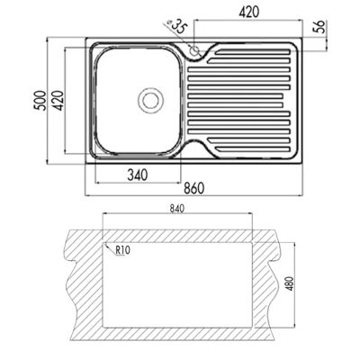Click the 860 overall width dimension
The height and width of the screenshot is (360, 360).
pos(193,188)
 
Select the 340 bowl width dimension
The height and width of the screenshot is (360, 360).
pos(138,175)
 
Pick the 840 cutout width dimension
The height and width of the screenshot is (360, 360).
pos(177,209)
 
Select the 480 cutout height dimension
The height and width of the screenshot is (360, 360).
pos(291,283)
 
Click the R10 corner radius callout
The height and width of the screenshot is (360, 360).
pos(123,250)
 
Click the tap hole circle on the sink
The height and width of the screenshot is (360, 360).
pos(195,51)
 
